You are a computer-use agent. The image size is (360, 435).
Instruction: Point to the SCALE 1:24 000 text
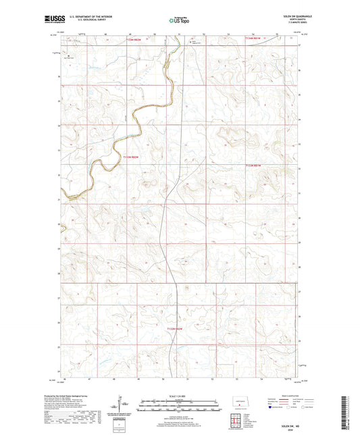tap(180, 395)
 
